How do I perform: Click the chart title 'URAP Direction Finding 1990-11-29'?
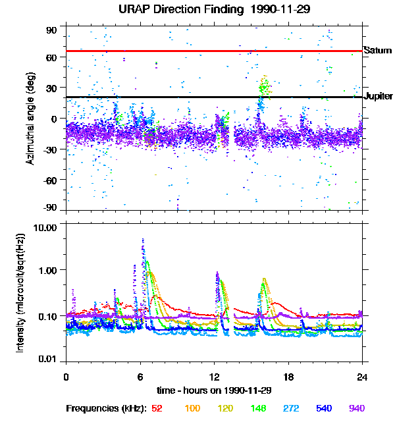[214, 10]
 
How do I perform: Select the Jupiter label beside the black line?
[378, 96]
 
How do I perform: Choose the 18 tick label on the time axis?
[288, 377]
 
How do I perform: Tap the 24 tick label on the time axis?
[362, 377]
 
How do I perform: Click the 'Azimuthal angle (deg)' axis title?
[30, 119]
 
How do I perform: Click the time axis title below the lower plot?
[214, 389]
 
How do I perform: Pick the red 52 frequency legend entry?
[157, 408]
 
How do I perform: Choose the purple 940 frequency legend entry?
[356, 408]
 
